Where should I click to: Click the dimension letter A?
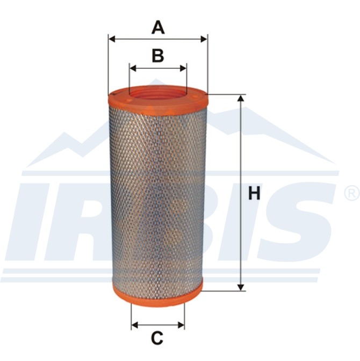click(158, 27)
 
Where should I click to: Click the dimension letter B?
click(158, 55)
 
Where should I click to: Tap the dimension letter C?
click(157, 338)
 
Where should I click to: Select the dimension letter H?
click(254, 193)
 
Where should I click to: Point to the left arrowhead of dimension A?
click(112, 39)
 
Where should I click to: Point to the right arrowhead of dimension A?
click(204, 39)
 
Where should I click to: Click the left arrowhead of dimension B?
click(133, 68)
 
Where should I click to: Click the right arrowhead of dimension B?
click(183, 68)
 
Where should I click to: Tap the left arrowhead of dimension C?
click(134, 325)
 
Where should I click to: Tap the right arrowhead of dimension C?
click(181, 325)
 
